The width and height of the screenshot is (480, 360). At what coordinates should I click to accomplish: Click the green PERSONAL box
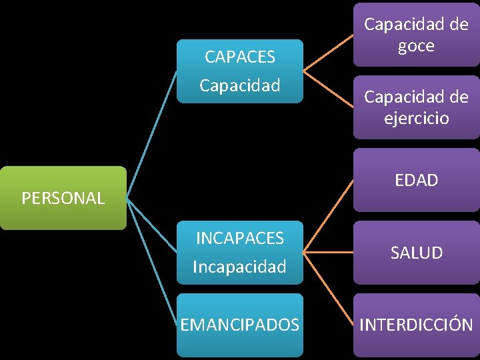click(x=63, y=198)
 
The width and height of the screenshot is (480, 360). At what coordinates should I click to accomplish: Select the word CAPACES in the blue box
click(x=239, y=57)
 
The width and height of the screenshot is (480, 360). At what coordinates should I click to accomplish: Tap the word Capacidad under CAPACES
click(x=239, y=86)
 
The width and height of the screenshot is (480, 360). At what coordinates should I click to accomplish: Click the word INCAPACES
click(x=239, y=238)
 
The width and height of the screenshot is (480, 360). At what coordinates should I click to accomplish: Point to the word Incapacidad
click(x=239, y=267)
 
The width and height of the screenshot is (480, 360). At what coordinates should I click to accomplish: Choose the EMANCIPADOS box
click(x=239, y=325)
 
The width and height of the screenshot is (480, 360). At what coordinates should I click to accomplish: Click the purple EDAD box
click(x=416, y=180)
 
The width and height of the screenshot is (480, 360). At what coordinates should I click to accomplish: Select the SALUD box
click(x=416, y=253)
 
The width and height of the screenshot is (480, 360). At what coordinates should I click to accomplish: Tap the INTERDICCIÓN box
click(x=416, y=325)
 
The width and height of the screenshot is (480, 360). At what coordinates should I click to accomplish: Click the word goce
click(x=416, y=47)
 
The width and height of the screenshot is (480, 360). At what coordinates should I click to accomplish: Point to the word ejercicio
click(x=416, y=119)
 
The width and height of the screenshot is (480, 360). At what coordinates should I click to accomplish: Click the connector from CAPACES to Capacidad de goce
click(x=328, y=51)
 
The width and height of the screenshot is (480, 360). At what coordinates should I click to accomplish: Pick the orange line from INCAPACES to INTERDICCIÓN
click(x=328, y=288)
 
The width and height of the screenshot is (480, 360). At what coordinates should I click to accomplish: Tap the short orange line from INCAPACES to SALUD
click(x=328, y=253)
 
